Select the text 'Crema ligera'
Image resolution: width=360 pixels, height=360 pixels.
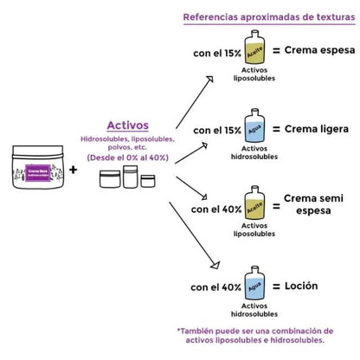click(x=316, y=129)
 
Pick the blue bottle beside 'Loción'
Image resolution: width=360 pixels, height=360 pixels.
click(x=256, y=286)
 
